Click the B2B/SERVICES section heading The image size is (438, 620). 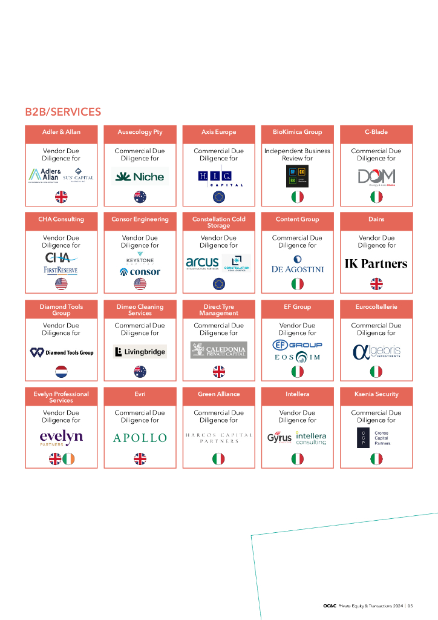click(63, 112)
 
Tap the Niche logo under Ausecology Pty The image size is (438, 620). click(140, 177)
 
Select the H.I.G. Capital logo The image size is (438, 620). click(218, 176)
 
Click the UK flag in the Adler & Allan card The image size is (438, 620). click(61, 197)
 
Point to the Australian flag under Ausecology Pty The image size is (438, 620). click(140, 197)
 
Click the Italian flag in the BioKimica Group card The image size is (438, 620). click(297, 197)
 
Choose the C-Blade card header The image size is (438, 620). click(376, 132)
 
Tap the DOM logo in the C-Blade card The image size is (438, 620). click(376, 176)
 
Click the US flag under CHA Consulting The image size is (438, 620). click(61, 284)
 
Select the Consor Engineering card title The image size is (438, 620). click(140, 219)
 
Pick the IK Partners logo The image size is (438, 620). click(376, 263)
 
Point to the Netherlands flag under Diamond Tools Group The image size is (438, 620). click(61, 371)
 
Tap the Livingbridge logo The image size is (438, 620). click(140, 352)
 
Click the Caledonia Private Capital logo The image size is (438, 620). click(218, 350)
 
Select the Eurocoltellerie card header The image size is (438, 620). click(376, 307)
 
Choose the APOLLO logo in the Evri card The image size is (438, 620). click(140, 437)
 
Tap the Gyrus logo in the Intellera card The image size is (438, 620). click(279, 438)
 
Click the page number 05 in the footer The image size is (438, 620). click(410, 605)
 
